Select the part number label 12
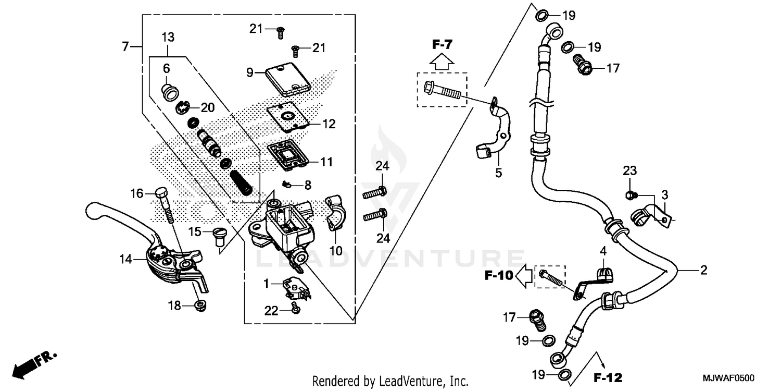(x=329, y=125)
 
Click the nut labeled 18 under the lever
(x=198, y=306)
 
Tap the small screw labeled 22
(x=296, y=309)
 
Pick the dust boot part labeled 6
(x=170, y=92)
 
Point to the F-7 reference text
(x=442, y=45)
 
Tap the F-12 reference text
(x=608, y=376)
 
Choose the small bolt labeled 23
(x=629, y=195)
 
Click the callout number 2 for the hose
(x=703, y=270)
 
